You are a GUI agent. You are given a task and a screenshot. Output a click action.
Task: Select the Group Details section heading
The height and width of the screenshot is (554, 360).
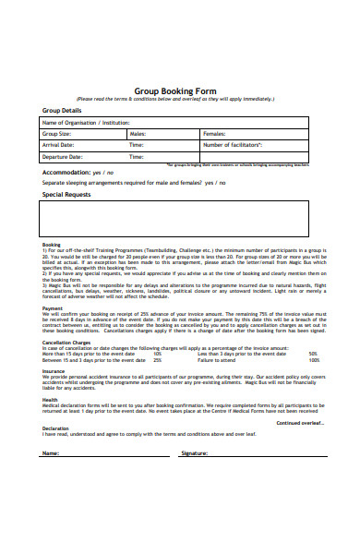coord(63,110)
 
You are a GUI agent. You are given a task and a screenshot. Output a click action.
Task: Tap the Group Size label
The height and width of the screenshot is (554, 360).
coord(58,133)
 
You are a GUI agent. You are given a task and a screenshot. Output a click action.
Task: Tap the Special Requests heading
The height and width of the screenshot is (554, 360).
coord(66,195)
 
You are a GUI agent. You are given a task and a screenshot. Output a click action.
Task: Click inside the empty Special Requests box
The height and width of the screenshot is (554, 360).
coord(180,220)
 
